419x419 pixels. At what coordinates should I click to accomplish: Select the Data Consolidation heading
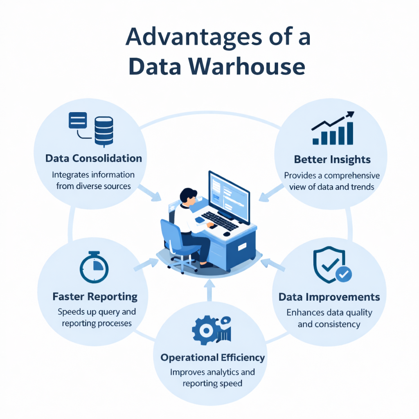click(94, 158)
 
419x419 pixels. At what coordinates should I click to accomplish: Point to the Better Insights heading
click(332, 159)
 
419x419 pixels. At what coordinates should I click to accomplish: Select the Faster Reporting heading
click(95, 296)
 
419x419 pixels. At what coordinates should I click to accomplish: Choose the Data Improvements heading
click(329, 297)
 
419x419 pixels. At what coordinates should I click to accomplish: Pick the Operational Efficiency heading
click(212, 358)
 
